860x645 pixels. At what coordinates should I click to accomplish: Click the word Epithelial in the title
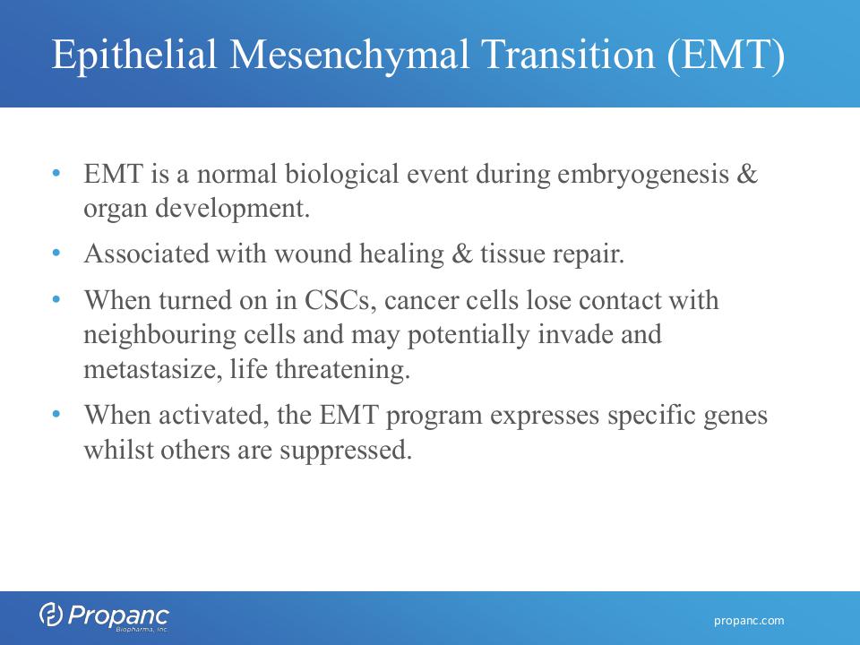(134, 55)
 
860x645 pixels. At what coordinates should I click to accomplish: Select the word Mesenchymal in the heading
(348, 55)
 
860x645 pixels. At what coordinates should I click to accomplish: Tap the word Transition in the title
(568, 54)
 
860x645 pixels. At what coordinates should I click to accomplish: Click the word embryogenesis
(643, 176)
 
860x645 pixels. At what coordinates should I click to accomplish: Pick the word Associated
(146, 254)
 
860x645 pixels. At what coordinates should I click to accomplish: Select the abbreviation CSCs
(337, 301)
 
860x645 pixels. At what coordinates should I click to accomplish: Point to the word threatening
(343, 370)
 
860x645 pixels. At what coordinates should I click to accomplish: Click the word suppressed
(346, 451)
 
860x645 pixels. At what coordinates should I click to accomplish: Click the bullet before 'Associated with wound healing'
(56, 253)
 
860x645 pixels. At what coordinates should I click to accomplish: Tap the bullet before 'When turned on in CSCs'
(56, 299)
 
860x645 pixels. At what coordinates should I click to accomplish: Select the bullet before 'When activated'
(56, 414)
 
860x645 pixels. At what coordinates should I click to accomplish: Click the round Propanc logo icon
(50, 615)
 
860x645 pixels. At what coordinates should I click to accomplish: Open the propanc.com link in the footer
(749, 621)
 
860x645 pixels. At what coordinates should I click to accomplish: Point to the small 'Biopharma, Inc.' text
(142, 630)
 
